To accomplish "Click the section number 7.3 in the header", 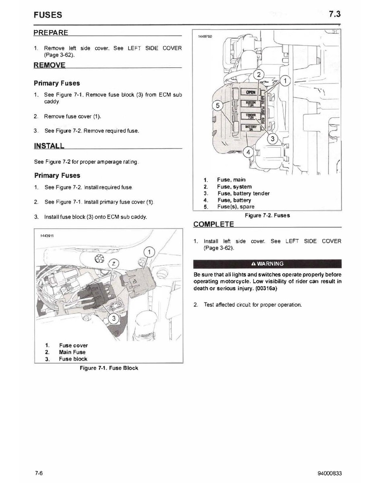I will click(334, 14).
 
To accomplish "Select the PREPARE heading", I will click(51, 32).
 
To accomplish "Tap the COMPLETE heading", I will click(213, 224).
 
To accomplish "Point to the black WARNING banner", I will click(268, 264).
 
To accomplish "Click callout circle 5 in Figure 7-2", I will click(218, 106).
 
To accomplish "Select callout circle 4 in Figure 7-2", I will click(249, 152).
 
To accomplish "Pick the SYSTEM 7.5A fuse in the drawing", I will click(250, 104).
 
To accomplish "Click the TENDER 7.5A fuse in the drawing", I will click(250, 116).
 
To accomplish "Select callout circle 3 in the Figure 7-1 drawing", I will click(114, 319).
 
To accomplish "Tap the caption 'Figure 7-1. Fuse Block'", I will click(109, 368).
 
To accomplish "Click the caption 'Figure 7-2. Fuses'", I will click(268, 215).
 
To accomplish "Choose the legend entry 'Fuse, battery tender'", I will click(243, 193).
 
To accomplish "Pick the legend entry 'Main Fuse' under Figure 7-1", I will click(72, 352).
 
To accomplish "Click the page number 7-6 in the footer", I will click(39, 473).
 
